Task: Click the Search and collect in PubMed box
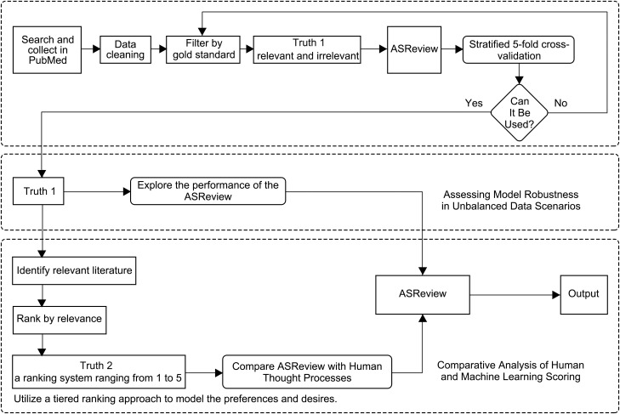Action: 47,50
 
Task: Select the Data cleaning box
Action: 125,50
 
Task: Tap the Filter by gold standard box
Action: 203,50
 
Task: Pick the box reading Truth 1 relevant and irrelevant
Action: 307,50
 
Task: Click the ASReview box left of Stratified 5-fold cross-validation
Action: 414,50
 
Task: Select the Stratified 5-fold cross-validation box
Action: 519,50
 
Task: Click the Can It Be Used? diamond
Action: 519,113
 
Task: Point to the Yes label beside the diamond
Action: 474,103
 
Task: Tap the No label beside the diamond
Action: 560,103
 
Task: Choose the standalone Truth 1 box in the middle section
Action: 38,191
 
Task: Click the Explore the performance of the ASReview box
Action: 208,191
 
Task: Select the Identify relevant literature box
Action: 74,271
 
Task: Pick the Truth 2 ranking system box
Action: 99,371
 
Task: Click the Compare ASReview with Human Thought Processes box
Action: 307,371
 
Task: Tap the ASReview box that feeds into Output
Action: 423,295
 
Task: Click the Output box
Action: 584,295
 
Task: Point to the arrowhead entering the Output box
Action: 556,295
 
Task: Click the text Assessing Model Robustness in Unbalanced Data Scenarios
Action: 511,200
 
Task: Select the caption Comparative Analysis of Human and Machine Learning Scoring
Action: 510,371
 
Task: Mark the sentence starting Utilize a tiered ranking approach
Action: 175,399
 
